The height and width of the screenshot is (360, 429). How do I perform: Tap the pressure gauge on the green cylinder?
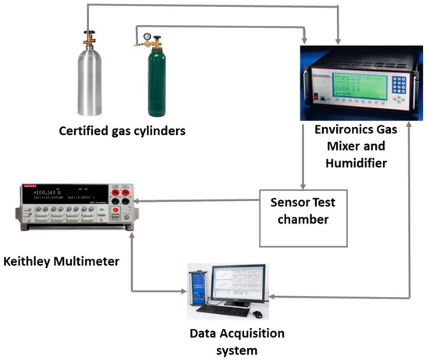click(x=145, y=37)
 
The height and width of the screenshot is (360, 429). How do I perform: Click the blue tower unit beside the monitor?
click(x=195, y=289)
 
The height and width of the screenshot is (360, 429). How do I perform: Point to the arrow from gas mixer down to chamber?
click(x=305, y=156)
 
